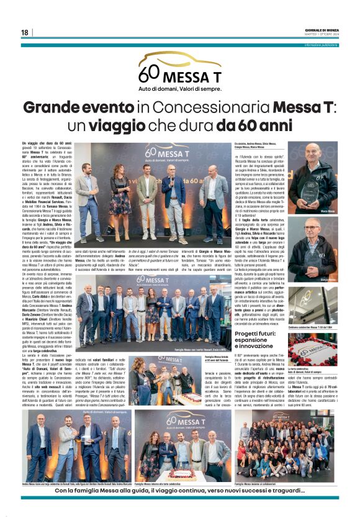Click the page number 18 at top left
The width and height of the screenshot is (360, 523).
tap(24, 32)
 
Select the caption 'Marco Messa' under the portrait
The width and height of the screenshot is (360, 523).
tap(328, 211)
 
